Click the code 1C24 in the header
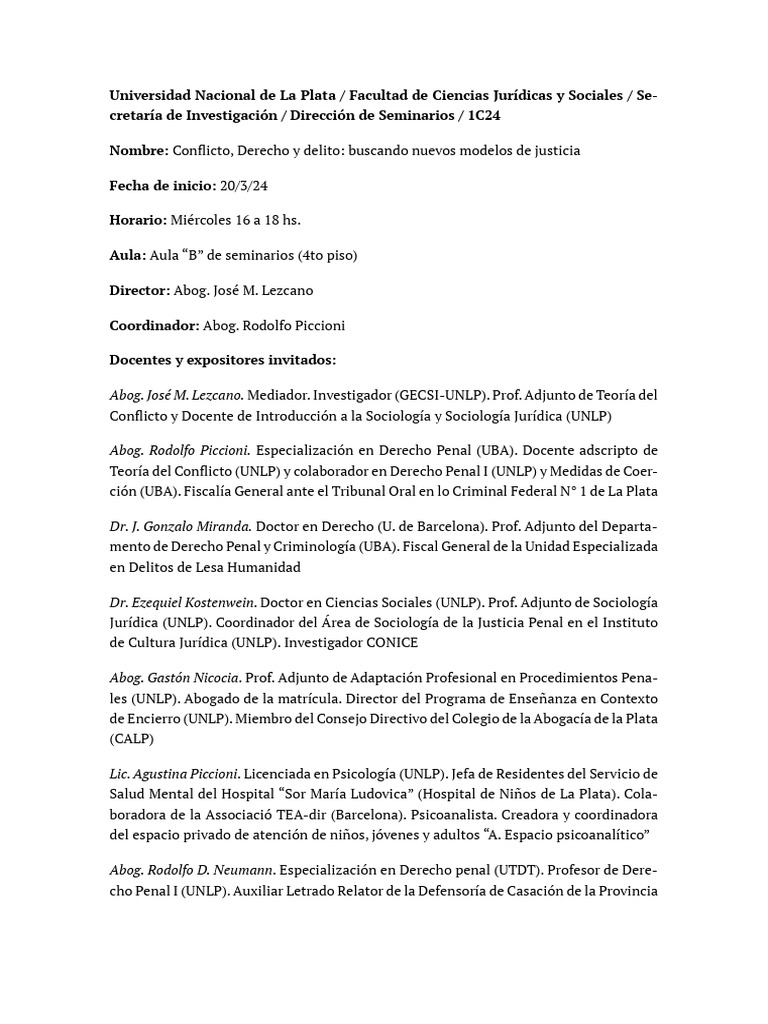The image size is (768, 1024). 483,115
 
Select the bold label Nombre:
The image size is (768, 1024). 139,150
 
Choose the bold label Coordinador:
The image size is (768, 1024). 154,325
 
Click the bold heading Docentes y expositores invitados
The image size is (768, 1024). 222,360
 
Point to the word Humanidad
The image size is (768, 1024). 266,567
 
